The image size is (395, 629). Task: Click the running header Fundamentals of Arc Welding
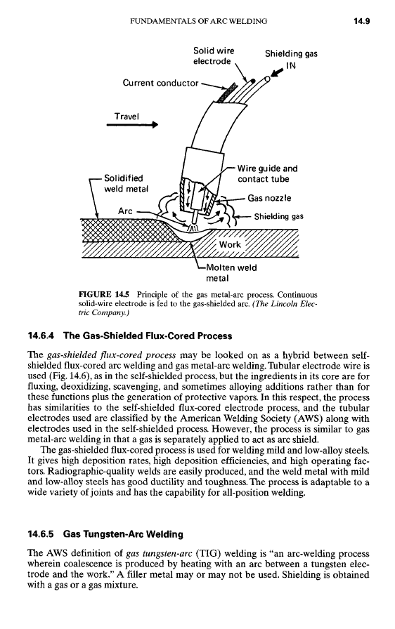[x=199, y=21]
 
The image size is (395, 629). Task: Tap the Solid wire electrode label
[x=214, y=55]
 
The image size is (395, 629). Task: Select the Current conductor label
[x=160, y=83]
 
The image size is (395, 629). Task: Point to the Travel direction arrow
[x=132, y=125]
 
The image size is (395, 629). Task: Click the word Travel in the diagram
[x=127, y=117]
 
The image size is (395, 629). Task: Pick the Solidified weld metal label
[x=126, y=183]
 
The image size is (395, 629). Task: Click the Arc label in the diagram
[x=125, y=211]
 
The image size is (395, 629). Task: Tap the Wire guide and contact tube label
[x=267, y=173]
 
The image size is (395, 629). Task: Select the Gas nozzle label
[x=269, y=198]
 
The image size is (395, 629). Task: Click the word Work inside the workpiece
[x=230, y=244]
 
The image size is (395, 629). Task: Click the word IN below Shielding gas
[x=291, y=65]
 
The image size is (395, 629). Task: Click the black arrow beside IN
[x=278, y=72]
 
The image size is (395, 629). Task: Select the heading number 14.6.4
[x=43, y=336]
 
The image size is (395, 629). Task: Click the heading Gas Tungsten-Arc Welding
[x=123, y=534]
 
